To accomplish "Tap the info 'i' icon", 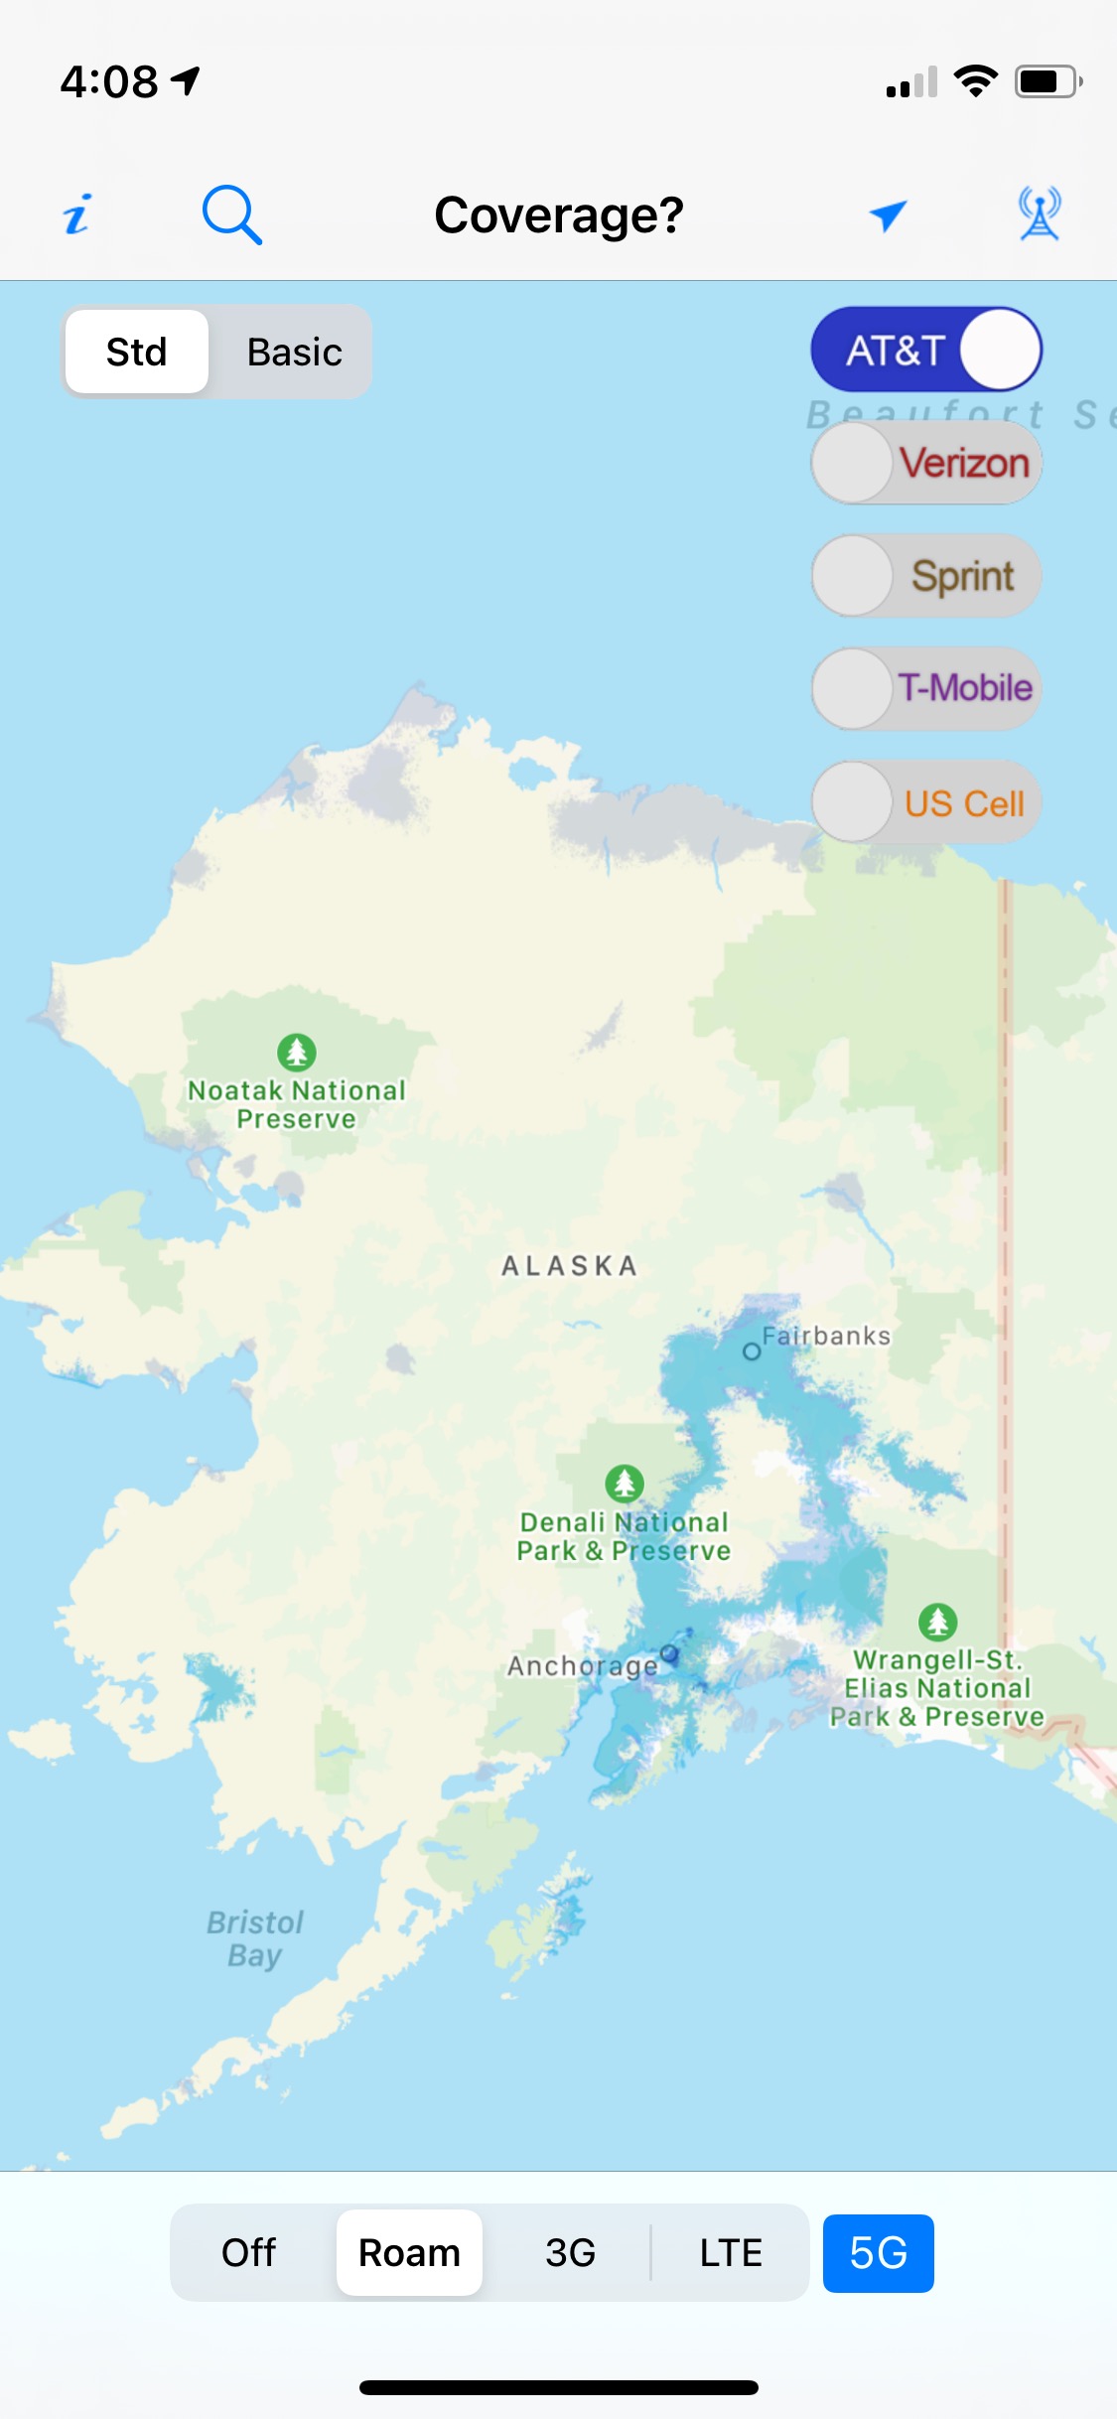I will (x=77, y=214).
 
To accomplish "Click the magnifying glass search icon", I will (x=231, y=214).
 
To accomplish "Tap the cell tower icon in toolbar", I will (x=1039, y=214).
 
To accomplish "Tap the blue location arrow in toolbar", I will (x=888, y=214).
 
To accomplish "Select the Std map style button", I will (x=137, y=352).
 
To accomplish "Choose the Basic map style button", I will (x=294, y=352).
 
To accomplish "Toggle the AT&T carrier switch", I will (x=925, y=350).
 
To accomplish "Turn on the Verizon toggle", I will (x=925, y=463).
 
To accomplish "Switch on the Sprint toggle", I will (x=925, y=576).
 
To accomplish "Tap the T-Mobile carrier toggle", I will (x=925, y=688).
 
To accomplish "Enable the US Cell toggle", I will (x=925, y=802).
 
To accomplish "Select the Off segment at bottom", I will (x=248, y=2253).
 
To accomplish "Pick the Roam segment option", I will (x=409, y=2253).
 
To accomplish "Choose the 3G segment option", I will (x=570, y=2253).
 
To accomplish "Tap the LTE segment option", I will (x=731, y=2253).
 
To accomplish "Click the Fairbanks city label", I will (x=825, y=1337).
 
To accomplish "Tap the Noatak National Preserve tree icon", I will (x=296, y=1052).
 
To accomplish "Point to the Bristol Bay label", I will (x=254, y=1938).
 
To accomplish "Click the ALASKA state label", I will (x=569, y=1266).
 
